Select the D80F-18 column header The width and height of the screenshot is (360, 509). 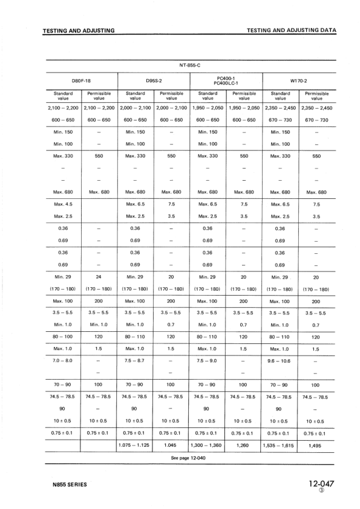pyautogui.click(x=82, y=80)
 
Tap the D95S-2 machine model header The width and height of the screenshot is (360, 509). pyautogui.click(x=154, y=80)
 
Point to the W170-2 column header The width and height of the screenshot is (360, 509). pyautogui.click(x=299, y=80)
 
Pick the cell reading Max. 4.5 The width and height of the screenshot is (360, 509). pyautogui.click(x=63, y=204)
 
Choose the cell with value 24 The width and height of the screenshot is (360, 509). pyautogui.click(x=99, y=276)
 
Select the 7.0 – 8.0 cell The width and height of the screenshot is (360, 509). pyautogui.click(x=63, y=360)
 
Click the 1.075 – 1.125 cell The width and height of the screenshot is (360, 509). pyautogui.click(x=136, y=446)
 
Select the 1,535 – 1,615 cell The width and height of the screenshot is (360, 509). pyautogui.click(x=281, y=446)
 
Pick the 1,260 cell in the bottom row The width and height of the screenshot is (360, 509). pyautogui.click(x=244, y=446)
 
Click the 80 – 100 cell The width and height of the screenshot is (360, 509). pyautogui.click(x=63, y=337)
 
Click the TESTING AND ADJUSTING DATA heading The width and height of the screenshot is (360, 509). pyautogui.click(x=292, y=31)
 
